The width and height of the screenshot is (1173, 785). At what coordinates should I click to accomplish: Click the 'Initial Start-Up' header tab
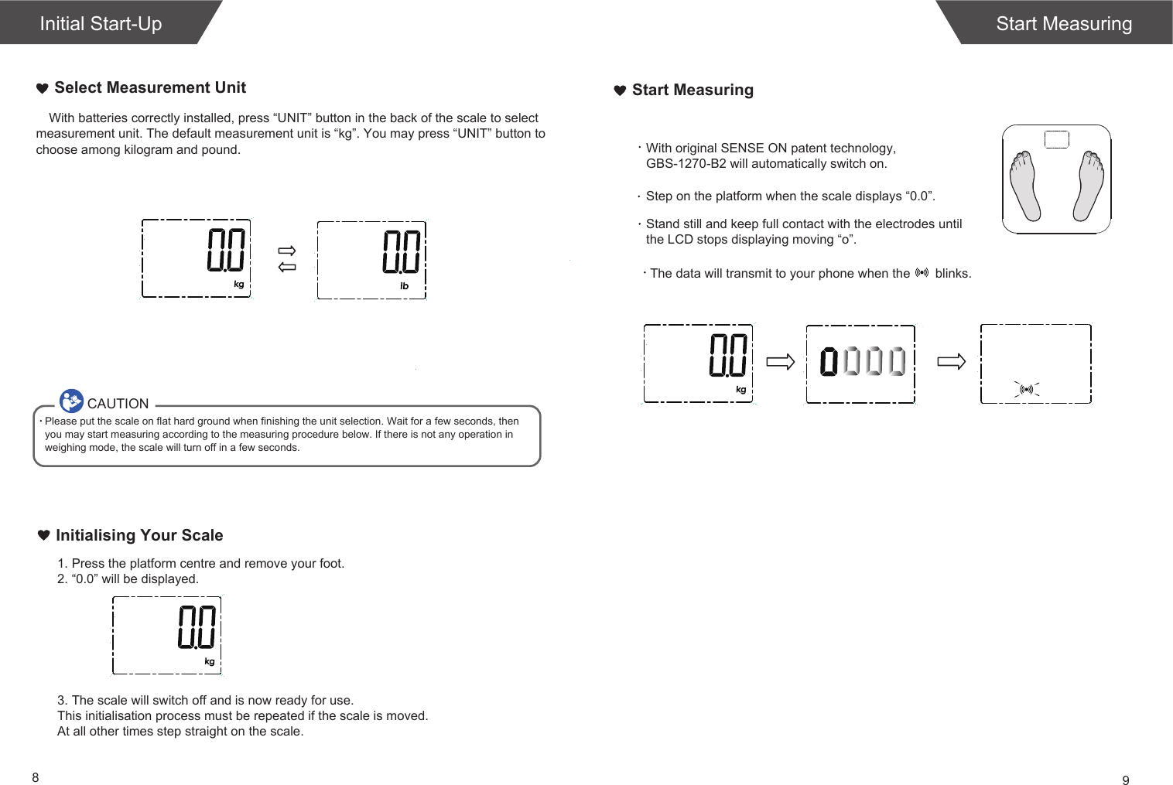(x=101, y=23)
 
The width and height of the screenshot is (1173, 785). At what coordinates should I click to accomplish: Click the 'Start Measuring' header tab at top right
(x=1063, y=23)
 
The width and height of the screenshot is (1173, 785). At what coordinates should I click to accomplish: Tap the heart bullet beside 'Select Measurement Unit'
(x=43, y=88)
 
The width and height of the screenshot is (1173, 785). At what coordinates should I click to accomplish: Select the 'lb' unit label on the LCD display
(x=404, y=286)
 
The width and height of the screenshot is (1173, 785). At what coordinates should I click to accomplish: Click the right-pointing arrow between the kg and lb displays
(x=287, y=251)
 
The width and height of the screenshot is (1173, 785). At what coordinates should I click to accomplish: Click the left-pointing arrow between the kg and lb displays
(x=287, y=267)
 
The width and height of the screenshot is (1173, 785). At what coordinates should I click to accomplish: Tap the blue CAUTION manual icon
(x=71, y=401)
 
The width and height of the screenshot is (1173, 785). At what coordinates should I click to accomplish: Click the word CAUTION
(x=118, y=404)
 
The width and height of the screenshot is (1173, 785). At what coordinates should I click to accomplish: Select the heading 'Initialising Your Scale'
(x=139, y=535)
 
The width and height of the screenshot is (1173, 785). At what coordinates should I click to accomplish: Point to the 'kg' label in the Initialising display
(x=210, y=662)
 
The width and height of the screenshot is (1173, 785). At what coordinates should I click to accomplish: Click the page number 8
(x=36, y=777)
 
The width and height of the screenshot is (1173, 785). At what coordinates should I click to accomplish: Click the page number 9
(x=1126, y=780)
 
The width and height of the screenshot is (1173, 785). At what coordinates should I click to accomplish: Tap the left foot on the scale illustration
(x=1025, y=186)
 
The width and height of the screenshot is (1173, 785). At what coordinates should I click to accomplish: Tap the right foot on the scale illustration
(x=1089, y=186)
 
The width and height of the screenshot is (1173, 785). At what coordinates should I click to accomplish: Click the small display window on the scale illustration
(x=1057, y=139)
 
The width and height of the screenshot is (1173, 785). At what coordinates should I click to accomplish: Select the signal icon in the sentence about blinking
(x=922, y=273)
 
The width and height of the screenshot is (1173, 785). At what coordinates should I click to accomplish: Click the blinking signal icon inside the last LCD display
(x=1027, y=390)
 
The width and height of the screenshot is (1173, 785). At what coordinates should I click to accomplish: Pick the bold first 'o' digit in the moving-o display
(x=829, y=361)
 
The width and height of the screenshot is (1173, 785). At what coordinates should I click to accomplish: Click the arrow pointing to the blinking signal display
(x=951, y=361)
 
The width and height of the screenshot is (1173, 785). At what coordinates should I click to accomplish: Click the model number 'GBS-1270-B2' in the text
(x=686, y=164)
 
